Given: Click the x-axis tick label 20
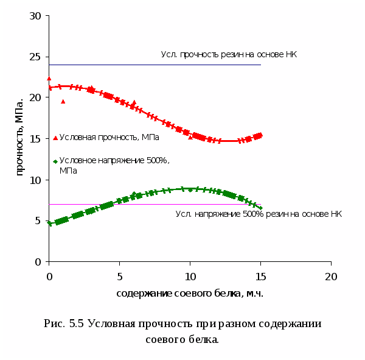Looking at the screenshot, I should point(331,276).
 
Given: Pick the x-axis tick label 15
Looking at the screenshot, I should point(260,276).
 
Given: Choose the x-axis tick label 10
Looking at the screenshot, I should point(190,276).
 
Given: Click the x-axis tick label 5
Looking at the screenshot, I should point(120,276).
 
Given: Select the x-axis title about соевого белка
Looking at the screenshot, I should point(190,294).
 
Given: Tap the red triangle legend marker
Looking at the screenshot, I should point(55,138).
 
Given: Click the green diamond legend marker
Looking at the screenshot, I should point(55,161).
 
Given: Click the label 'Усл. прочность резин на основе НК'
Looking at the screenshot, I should point(229,55).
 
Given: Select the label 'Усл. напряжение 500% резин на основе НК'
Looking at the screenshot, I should point(259,214).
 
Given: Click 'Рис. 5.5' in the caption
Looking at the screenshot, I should point(64,323).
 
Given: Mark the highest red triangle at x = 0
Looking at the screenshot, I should point(49,79).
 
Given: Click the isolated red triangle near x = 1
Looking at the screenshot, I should point(63,101).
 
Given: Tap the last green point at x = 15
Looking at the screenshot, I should point(260,208).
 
